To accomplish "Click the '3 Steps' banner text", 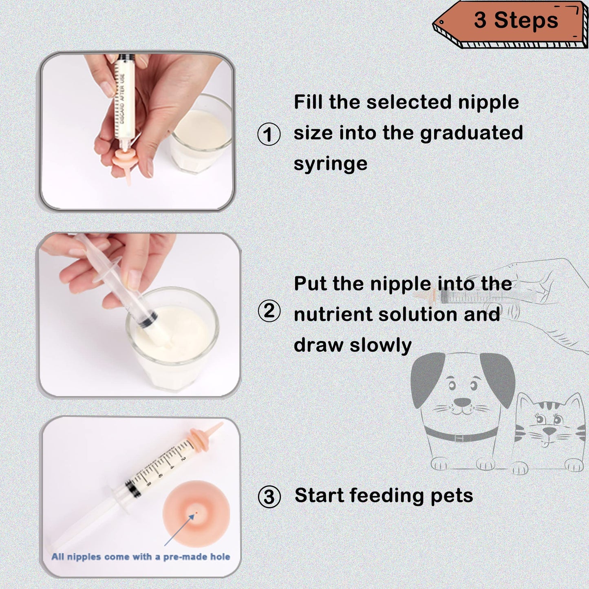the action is coord(516,20).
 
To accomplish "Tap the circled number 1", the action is coord(269,134).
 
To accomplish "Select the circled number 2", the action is coord(269,311).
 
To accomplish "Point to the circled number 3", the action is coord(269,496).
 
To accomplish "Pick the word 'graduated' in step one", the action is coord(471,133).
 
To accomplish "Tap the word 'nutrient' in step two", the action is coord(333,314).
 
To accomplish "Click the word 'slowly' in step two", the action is coord(381,345).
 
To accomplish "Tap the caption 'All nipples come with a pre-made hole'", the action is coord(141,557).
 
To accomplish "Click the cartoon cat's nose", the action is coord(549,431).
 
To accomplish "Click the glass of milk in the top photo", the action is coord(200,135).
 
